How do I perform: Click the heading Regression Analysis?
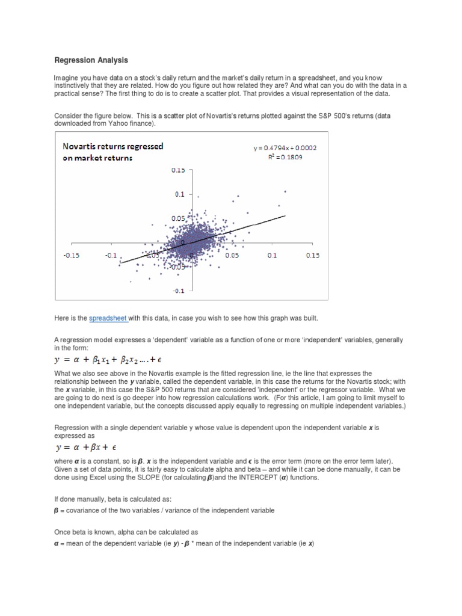pos(91,60)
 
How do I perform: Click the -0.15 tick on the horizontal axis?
pos(72,255)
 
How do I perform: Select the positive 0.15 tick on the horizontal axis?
pos(313,255)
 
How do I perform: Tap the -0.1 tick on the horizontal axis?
pos(112,255)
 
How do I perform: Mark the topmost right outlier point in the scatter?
pos(285,192)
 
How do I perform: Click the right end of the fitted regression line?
pos(285,215)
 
